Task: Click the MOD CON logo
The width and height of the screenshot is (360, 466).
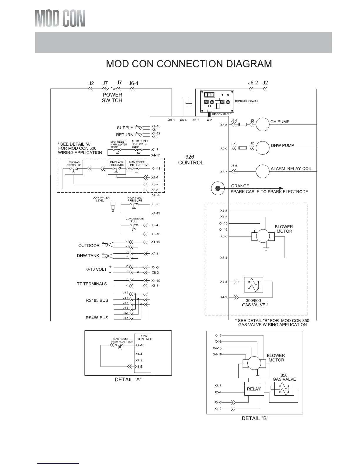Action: (60, 18)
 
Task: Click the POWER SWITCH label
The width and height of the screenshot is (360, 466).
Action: (112, 98)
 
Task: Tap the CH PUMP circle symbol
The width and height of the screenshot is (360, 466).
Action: (262, 124)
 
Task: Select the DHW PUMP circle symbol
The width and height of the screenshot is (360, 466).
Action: (262, 148)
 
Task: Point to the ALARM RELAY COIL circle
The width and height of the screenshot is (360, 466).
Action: (262, 171)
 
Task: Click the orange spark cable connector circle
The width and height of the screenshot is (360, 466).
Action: (218, 188)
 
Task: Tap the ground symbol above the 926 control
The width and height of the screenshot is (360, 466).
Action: (189, 105)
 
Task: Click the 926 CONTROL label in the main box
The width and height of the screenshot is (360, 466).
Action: (191, 160)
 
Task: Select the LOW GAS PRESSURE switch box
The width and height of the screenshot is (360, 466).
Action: (74, 167)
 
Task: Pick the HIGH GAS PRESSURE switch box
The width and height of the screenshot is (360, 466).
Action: (117, 167)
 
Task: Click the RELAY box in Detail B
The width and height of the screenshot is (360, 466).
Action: (254, 389)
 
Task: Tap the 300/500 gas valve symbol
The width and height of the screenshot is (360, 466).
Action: (254, 284)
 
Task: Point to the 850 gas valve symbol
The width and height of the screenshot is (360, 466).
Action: (284, 389)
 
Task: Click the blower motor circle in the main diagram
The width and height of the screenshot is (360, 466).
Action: (263, 236)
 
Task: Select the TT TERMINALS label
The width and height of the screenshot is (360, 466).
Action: (92, 284)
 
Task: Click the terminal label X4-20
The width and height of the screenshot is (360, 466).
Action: (156, 195)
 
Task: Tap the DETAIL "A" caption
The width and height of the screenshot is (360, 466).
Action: (128, 380)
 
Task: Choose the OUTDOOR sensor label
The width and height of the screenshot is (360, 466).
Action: (89, 246)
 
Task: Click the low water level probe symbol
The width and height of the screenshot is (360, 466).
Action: (113, 207)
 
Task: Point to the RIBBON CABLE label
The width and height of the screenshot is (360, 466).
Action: (222, 114)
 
